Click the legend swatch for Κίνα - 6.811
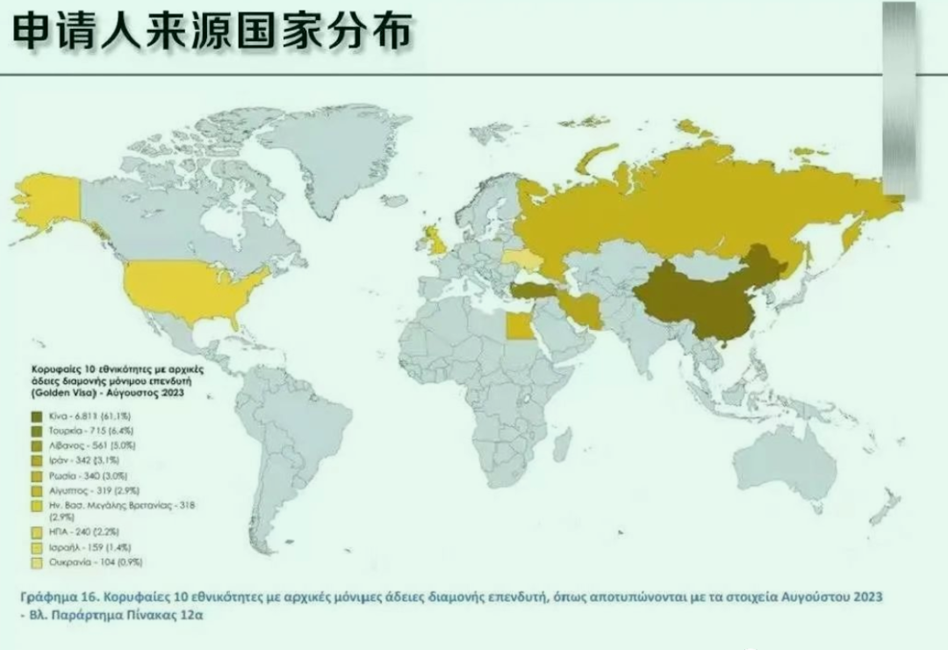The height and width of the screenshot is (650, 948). (x=37, y=416)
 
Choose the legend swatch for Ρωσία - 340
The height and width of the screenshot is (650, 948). (x=37, y=475)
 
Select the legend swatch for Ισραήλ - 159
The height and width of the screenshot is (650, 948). (x=37, y=546)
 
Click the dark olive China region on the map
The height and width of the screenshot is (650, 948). (x=702, y=307)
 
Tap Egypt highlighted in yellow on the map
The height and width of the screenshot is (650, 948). (x=518, y=328)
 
